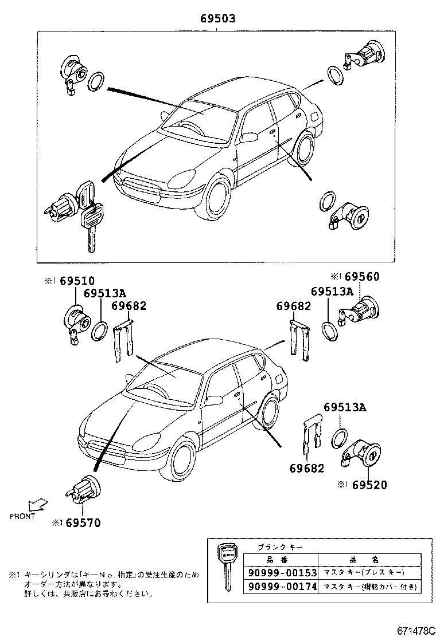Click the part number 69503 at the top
pos(217,19)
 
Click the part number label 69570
pos(83,522)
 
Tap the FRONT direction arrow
pos(38,504)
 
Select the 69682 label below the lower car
pos(306,469)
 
